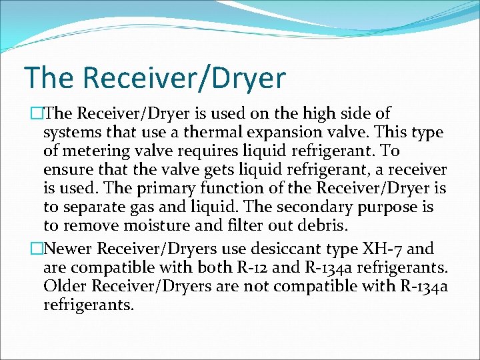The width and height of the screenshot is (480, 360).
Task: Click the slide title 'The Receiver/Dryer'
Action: click(154, 77)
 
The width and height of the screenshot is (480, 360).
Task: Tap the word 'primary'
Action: click(161, 189)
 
